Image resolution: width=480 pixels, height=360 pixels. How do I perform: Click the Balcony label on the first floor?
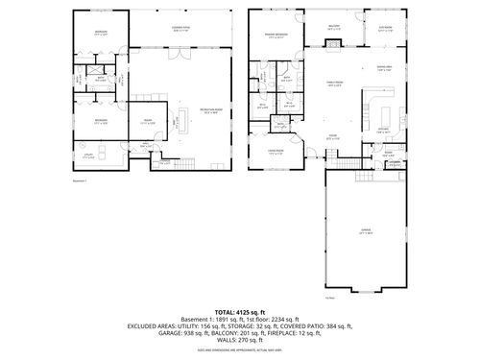click(x=334, y=28)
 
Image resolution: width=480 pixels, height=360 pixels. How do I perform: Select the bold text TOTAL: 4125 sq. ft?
click(x=239, y=313)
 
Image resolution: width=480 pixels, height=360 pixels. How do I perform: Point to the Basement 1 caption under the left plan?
click(x=80, y=180)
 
